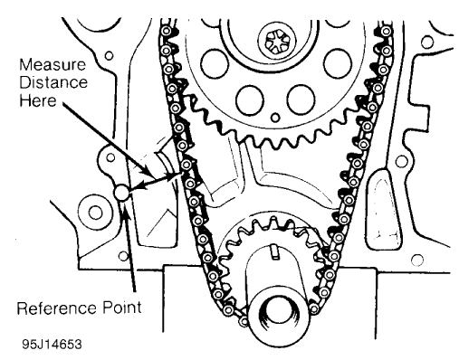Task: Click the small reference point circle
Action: tap(124, 191)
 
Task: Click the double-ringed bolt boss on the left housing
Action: tap(91, 214)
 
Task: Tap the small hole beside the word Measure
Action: tap(108, 56)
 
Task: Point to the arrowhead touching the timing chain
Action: tap(179, 171)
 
